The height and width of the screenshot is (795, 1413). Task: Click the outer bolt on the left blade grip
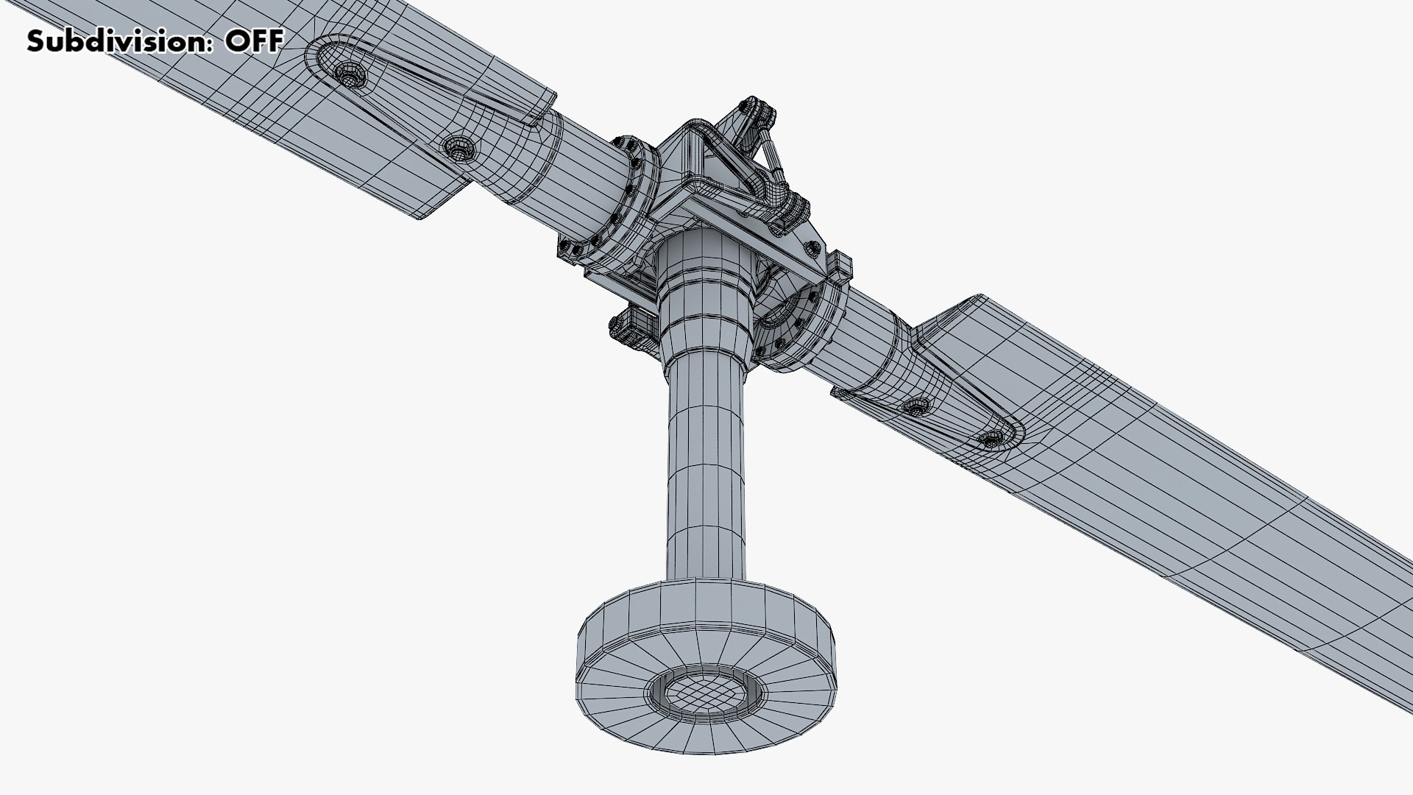pyautogui.click(x=348, y=74)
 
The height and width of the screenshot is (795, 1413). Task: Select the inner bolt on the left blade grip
pyautogui.click(x=459, y=149)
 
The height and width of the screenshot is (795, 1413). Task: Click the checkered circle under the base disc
pyautogui.click(x=704, y=693)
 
